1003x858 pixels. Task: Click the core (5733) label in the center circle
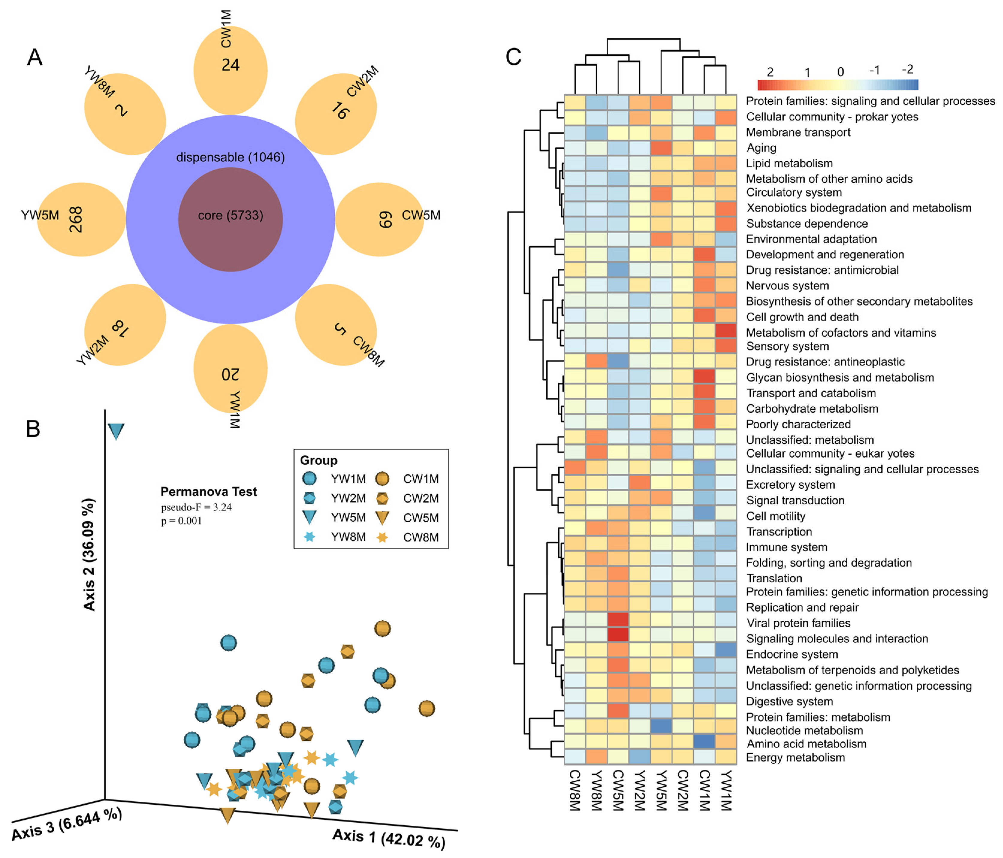tap(230, 215)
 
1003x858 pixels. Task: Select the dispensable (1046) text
tap(230, 157)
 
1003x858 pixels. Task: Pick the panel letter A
tap(35, 57)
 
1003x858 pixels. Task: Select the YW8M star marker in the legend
tap(309, 537)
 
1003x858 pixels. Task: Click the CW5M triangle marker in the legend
tap(382, 518)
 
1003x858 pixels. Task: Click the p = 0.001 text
tap(182, 521)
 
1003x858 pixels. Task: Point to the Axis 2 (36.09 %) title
tap(89, 554)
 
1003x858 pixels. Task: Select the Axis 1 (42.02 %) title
tap(389, 839)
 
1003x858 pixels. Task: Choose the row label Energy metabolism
tap(795, 758)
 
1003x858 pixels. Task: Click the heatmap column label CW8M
tap(574, 790)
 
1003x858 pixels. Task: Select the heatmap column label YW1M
tap(726, 790)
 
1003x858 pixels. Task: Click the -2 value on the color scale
tap(908, 69)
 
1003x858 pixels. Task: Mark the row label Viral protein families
tap(798, 623)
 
